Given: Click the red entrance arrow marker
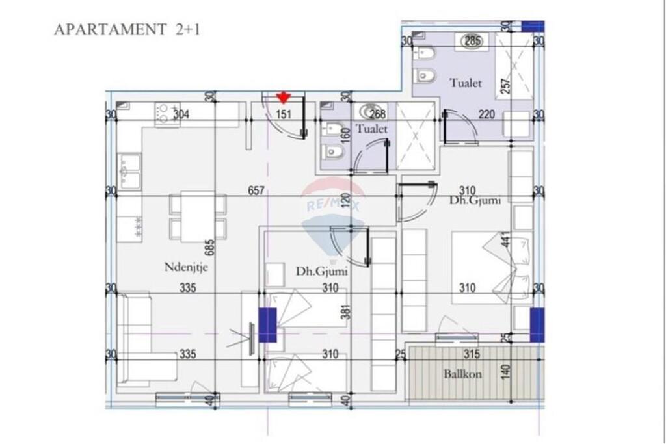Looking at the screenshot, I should click(x=283, y=98).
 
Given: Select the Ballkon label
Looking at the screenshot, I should click(x=462, y=374).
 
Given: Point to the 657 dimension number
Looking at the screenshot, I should click(x=256, y=190).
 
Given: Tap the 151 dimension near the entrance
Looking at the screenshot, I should click(x=283, y=114).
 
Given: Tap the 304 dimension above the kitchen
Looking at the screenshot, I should click(x=181, y=114).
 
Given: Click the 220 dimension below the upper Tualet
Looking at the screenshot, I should click(x=486, y=114).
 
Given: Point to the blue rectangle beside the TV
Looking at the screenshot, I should click(x=267, y=325).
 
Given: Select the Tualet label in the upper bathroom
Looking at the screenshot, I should click(x=466, y=83).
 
